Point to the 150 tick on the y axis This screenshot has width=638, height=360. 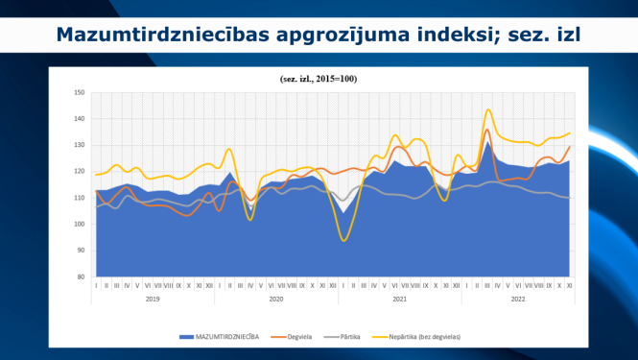(x=80, y=93)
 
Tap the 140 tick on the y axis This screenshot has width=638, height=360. (x=80, y=119)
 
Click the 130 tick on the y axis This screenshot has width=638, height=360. (x=80, y=146)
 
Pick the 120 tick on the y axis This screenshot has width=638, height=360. (x=80, y=172)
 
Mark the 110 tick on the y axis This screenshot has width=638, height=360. (x=80, y=198)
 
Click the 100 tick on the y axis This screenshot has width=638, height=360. (x=80, y=224)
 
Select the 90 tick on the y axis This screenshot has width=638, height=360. (x=81, y=251)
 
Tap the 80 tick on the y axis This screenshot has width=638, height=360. (x=81, y=276)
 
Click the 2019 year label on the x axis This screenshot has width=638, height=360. (x=153, y=300)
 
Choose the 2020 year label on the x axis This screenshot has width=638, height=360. (x=276, y=300)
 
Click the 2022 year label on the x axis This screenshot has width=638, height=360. (x=519, y=300)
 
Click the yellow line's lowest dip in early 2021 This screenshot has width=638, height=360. (x=343, y=240)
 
